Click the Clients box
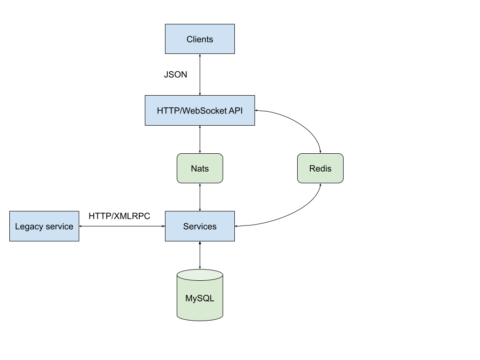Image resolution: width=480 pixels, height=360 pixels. click(200, 39)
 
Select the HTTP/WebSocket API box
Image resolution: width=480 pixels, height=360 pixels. click(200, 111)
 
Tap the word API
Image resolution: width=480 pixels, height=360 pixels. click(235, 111)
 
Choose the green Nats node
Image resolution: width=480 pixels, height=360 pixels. click(200, 168)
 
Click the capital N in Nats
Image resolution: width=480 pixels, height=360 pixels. click(194, 169)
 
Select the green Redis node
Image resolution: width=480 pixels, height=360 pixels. click(320, 168)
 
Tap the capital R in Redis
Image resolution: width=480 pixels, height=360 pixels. click(312, 169)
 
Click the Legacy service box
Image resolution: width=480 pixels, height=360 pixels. click(44, 226)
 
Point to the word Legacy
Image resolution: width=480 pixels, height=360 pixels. click(29, 227)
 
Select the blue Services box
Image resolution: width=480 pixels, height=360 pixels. click(200, 226)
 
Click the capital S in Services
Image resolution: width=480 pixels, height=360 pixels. click(186, 226)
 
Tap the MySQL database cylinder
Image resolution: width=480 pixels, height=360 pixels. click(200, 300)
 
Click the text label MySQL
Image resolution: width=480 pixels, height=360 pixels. click(200, 299)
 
